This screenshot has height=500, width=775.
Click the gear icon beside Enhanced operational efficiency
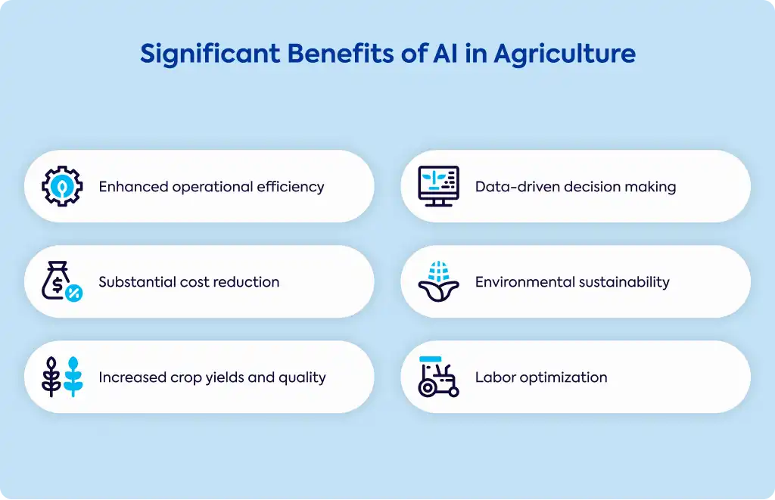62,186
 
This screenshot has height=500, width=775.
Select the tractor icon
439,377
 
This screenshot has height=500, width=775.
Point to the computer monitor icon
439,186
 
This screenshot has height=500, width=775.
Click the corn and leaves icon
439,281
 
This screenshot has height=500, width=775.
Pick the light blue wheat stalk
73,377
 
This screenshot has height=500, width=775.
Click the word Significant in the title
210,54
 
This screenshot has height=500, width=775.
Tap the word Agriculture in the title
565,54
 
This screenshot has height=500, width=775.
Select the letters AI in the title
445,54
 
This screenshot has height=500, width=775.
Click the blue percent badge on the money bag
73,293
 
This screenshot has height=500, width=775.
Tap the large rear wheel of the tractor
427,388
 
